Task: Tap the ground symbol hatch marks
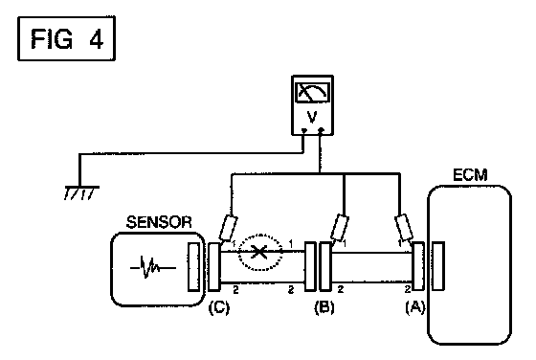point(81,193)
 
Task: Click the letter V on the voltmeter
point(312,117)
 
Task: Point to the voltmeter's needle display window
point(313,92)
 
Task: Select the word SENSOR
point(159,222)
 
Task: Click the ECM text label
point(470,175)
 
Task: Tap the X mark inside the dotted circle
point(259,253)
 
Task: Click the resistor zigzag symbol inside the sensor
point(152,268)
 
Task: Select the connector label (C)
point(219,307)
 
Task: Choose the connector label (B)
point(324,307)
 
